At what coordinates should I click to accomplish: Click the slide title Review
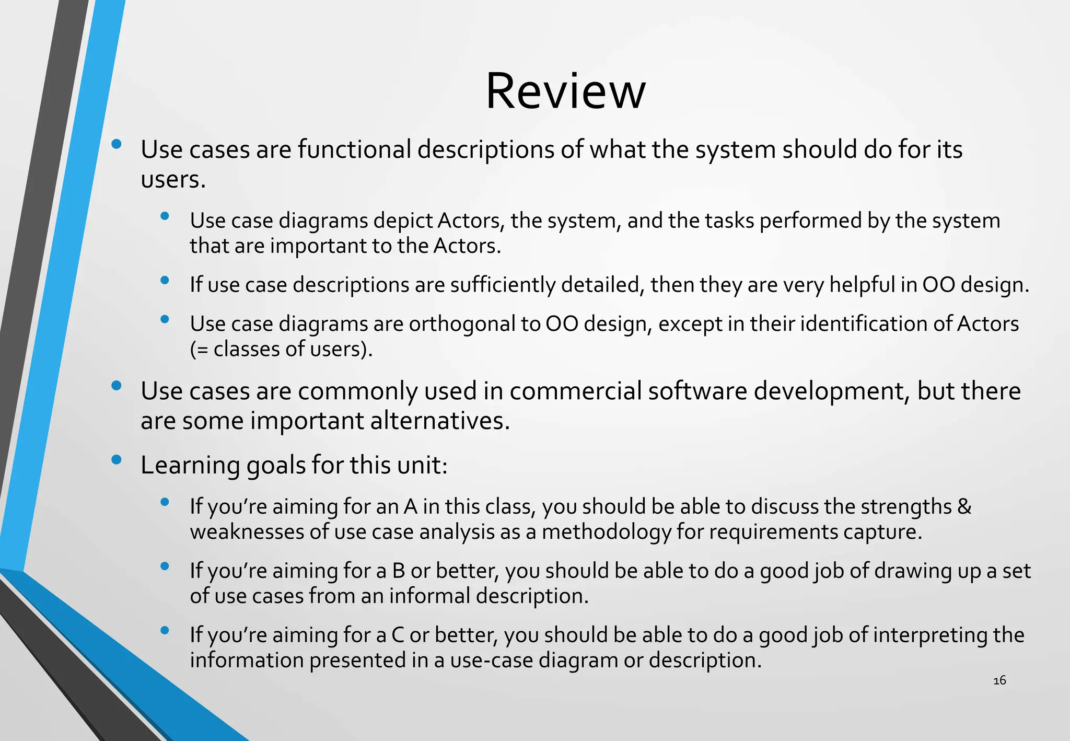(565, 91)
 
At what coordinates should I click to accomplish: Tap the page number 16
(999, 680)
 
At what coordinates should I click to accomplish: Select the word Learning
(190, 466)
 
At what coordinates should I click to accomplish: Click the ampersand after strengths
(964, 507)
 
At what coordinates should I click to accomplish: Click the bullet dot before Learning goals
(117, 460)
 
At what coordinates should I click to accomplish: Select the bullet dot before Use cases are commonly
(117, 386)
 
